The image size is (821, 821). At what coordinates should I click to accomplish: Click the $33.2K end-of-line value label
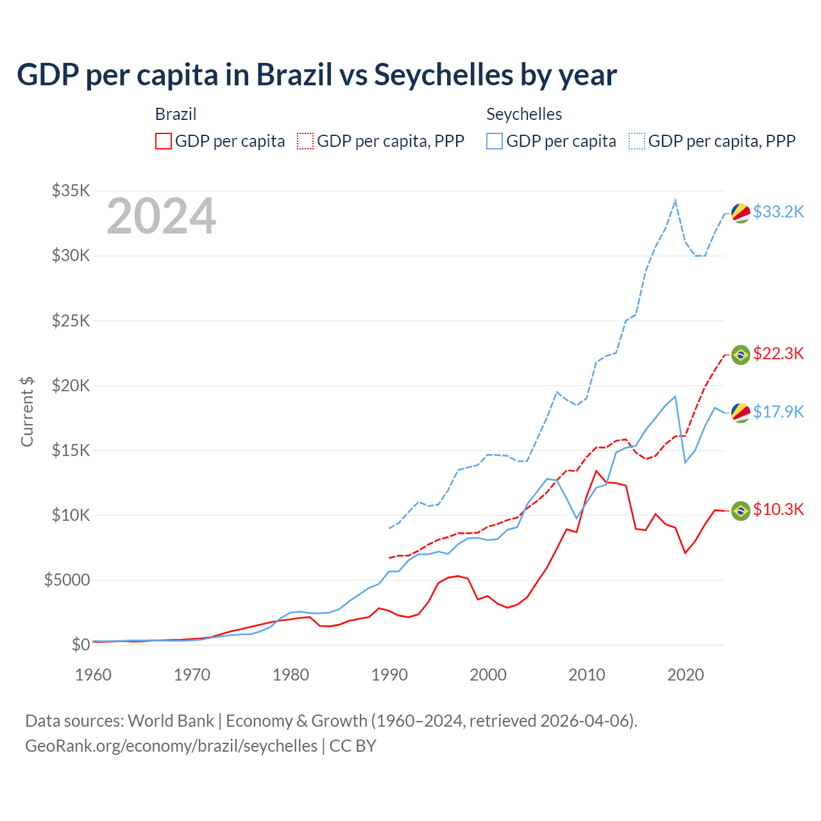[778, 212]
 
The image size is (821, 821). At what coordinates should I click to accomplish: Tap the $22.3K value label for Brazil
[778, 353]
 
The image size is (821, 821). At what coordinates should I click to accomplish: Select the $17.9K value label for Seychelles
[778, 412]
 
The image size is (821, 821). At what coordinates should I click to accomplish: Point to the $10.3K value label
[778, 509]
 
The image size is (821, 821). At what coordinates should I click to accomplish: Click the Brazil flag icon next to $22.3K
[741, 355]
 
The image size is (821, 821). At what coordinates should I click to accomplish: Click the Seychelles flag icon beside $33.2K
[741, 213]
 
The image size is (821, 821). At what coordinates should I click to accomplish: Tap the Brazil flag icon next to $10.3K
[741, 511]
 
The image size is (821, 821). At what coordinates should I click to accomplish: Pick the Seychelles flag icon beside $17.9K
[741, 413]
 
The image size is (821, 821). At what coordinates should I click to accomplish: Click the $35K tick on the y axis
[71, 191]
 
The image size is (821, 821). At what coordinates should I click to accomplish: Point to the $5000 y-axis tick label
[67, 580]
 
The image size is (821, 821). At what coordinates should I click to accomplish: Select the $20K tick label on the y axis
[71, 385]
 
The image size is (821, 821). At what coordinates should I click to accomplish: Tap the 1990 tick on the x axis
[389, 675]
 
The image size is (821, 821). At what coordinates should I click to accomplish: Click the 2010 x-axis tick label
[587, 675]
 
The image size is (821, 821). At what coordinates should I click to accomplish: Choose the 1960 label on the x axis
[94, 675]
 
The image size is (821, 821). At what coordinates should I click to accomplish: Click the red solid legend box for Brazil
[164, 141]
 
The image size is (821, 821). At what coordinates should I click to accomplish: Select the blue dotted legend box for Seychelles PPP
[637, 141]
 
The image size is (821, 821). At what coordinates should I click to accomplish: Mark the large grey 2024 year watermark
[161, 217]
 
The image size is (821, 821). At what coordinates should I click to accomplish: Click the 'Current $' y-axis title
[27, 412]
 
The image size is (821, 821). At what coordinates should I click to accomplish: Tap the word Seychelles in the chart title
[444, 75]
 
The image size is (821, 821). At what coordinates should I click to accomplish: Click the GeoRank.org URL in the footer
[171, 746]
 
